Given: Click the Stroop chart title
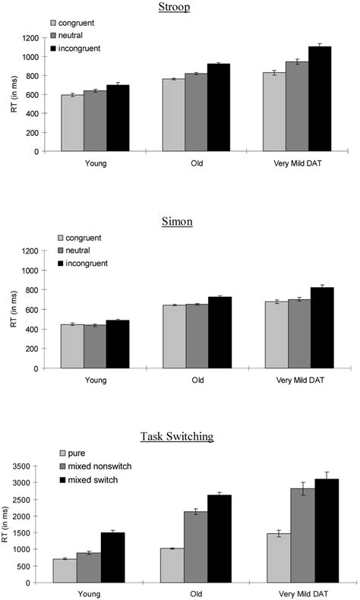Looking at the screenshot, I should [x=196, y=8].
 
